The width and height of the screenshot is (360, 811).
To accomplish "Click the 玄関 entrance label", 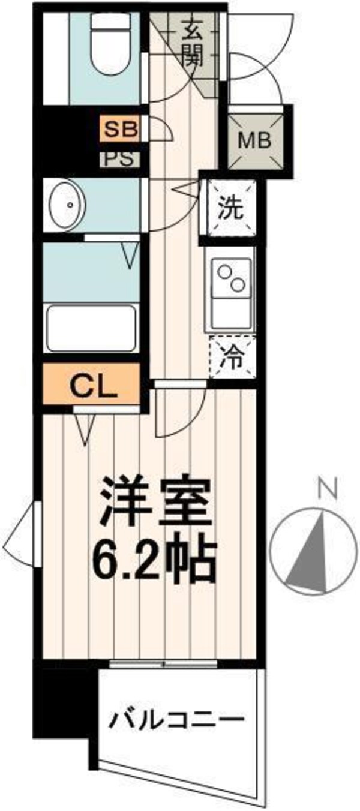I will (193, 42).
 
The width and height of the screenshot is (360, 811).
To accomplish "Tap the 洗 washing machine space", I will (231, 208).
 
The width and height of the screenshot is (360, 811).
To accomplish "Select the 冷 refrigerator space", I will (231, 356).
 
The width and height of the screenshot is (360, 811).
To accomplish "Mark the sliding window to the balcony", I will (164, 665).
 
